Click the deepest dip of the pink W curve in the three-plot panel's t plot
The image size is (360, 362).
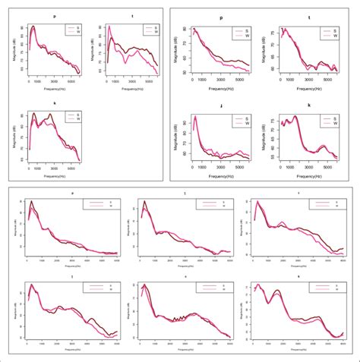click(114, 61)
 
